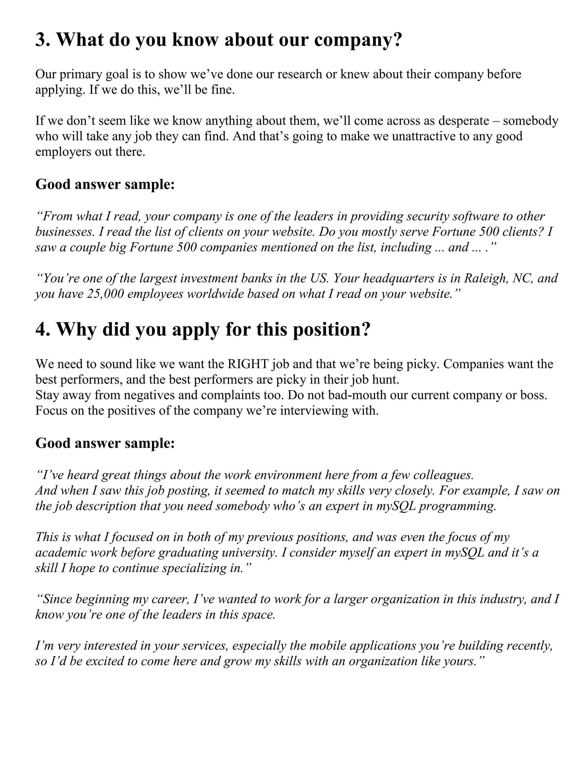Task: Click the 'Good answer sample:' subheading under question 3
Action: point(105,184)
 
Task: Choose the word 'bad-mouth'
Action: point(339,395)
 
